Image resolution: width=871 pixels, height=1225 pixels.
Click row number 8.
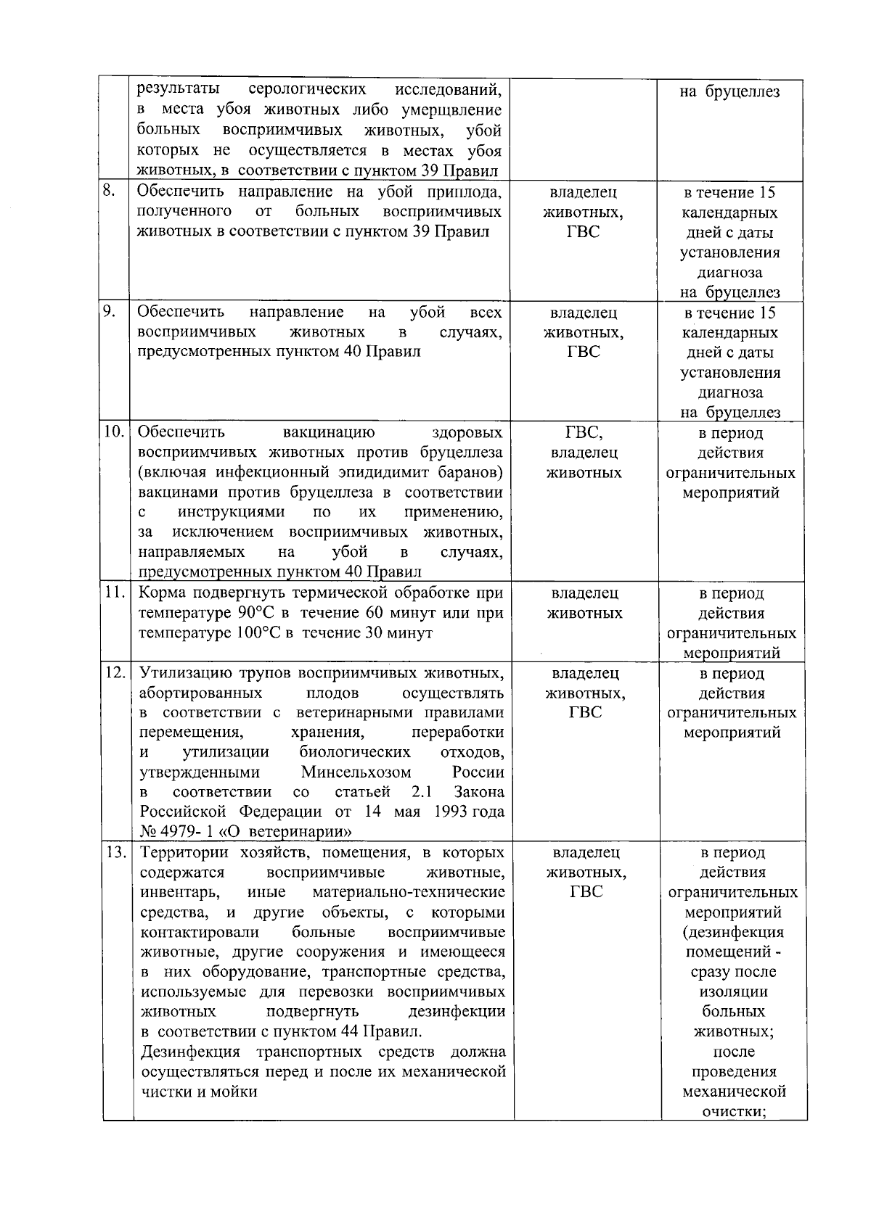tap(108, 191)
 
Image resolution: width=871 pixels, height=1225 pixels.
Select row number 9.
tap(108, 312)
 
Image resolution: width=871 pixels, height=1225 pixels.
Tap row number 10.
tap(113, 432)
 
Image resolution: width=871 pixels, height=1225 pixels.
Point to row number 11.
tap(113, 593)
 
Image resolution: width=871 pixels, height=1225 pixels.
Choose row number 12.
tap(114, 673)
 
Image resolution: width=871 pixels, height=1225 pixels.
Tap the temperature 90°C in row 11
tap(255, 613)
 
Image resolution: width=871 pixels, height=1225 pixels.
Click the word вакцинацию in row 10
tap(329, 433)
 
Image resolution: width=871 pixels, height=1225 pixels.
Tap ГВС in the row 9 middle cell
tap(584, 352)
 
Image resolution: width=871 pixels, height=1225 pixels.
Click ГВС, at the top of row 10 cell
tap(584, 433)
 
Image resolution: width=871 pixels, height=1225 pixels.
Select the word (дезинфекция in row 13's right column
tap(733, 932)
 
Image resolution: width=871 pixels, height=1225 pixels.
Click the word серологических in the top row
tap(307, 90)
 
